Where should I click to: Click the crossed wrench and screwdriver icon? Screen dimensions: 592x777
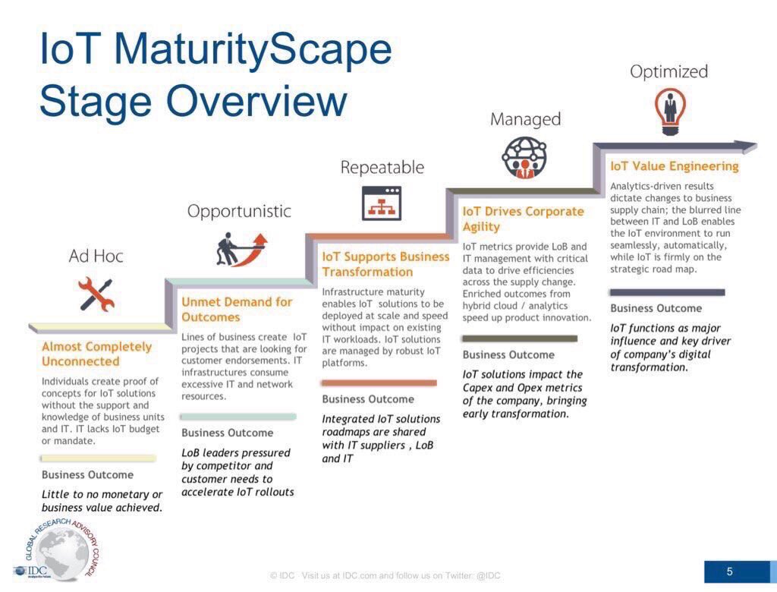pos(96,294)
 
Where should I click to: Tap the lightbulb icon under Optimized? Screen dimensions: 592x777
pos(669,109)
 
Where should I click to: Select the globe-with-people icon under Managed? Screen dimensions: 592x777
pos(524,158)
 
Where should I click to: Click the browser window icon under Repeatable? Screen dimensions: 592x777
pos(382,203)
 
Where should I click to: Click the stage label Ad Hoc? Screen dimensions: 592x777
pos(96,257)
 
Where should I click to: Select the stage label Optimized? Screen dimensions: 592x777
pos(668,72)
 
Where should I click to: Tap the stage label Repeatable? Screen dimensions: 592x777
pos(382,167)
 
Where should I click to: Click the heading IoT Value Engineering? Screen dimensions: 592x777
pos(674,166)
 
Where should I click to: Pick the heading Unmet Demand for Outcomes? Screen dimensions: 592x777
pos(236,310)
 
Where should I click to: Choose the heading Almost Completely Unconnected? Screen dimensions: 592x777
pos(96,354)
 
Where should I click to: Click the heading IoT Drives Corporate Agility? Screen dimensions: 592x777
pos(523,219)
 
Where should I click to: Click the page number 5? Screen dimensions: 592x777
pos(729,572)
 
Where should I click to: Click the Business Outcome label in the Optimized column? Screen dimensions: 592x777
pos(656,308)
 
